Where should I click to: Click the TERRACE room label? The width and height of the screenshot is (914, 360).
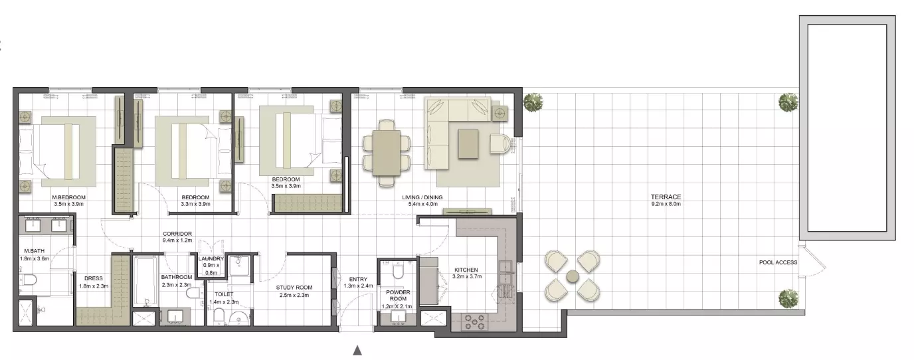coord(666,197)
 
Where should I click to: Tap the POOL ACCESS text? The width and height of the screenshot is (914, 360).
coord(778,262)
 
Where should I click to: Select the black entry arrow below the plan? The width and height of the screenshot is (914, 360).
coord(357,350)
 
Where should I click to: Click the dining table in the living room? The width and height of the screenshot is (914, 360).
coord(386,153)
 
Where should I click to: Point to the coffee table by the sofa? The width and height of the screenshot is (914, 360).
coord(468,143)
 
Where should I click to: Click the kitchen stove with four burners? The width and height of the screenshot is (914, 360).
coord(474,321)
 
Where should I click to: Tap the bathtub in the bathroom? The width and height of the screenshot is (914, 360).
coord(145,281)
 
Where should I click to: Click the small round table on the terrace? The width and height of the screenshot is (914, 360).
coord(573,276)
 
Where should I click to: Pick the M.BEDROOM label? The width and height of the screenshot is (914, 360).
coord(68,197)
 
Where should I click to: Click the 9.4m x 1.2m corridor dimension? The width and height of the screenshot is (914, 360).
coord(177,240)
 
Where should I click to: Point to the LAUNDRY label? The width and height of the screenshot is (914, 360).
coord(211,259)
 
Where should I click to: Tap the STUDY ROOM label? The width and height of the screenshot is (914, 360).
coord(294,288)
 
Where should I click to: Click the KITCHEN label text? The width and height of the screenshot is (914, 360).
coord(466,270)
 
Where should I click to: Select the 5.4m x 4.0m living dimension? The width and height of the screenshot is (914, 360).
coord(422,204)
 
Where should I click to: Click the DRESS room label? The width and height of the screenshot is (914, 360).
coord(94,278)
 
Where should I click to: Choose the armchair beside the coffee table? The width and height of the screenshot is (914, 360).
coord(500,143)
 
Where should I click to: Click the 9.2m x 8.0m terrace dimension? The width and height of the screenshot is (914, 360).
coord(666,204)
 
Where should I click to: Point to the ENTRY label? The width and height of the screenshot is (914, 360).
coord(358,279)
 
